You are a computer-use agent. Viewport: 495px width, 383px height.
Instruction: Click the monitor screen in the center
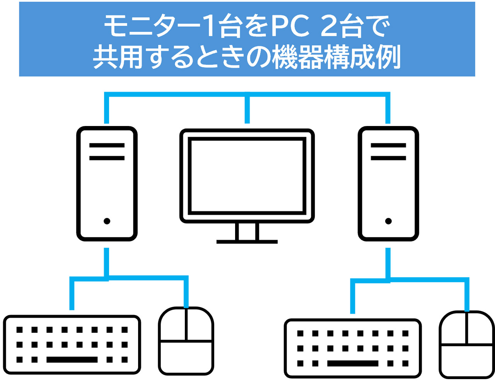[247, 176]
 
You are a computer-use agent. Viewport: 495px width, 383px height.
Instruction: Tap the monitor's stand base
[247, 242]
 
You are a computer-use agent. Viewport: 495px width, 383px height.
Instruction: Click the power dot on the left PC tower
[107, 221]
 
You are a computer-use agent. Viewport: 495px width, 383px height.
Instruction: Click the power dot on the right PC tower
[388, 221]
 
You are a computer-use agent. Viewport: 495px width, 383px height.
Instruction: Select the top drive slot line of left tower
[107, 146]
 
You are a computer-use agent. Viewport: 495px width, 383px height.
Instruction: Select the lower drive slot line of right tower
[388, 158]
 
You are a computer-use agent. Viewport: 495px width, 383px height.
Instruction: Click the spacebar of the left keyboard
[72, 360]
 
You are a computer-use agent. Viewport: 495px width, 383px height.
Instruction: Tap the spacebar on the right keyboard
[353, 363]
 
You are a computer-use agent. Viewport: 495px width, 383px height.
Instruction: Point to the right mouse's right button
[480, 329]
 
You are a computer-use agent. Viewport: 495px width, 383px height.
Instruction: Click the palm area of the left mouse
[186, 357]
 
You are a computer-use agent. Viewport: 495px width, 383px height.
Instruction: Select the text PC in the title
[290, 27]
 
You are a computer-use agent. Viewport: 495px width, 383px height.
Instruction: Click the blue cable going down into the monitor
[247, 110]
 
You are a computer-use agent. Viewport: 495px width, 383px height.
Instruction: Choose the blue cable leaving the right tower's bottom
[388, 263]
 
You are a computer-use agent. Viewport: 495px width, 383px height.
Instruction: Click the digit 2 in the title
[329, 27]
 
